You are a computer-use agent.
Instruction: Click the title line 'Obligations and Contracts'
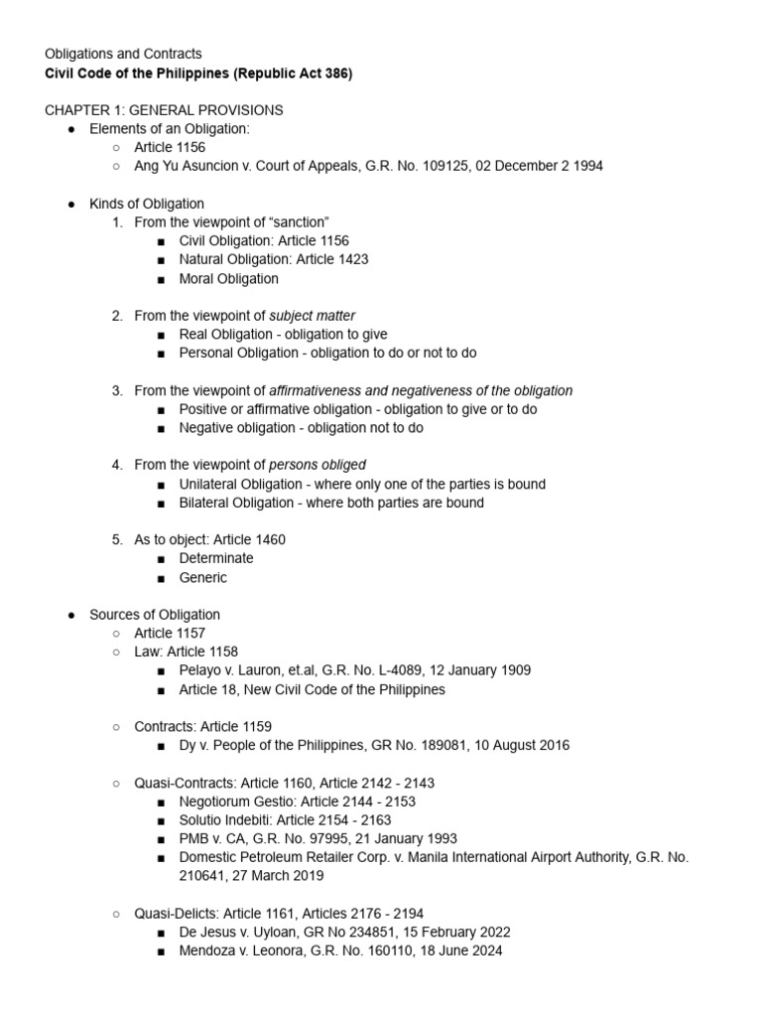coord(123,54)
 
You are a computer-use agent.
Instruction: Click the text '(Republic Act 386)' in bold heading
coord(295,73)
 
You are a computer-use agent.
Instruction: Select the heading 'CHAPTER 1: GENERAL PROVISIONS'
coord(164,110)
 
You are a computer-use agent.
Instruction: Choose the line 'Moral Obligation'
coord(229,278)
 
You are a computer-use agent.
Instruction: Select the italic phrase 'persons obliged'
coord(317,465)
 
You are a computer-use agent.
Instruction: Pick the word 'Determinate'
coord(216,558)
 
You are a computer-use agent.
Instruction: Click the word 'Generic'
coord(203,577)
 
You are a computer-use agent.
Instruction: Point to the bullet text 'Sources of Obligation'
coord(155,615)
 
